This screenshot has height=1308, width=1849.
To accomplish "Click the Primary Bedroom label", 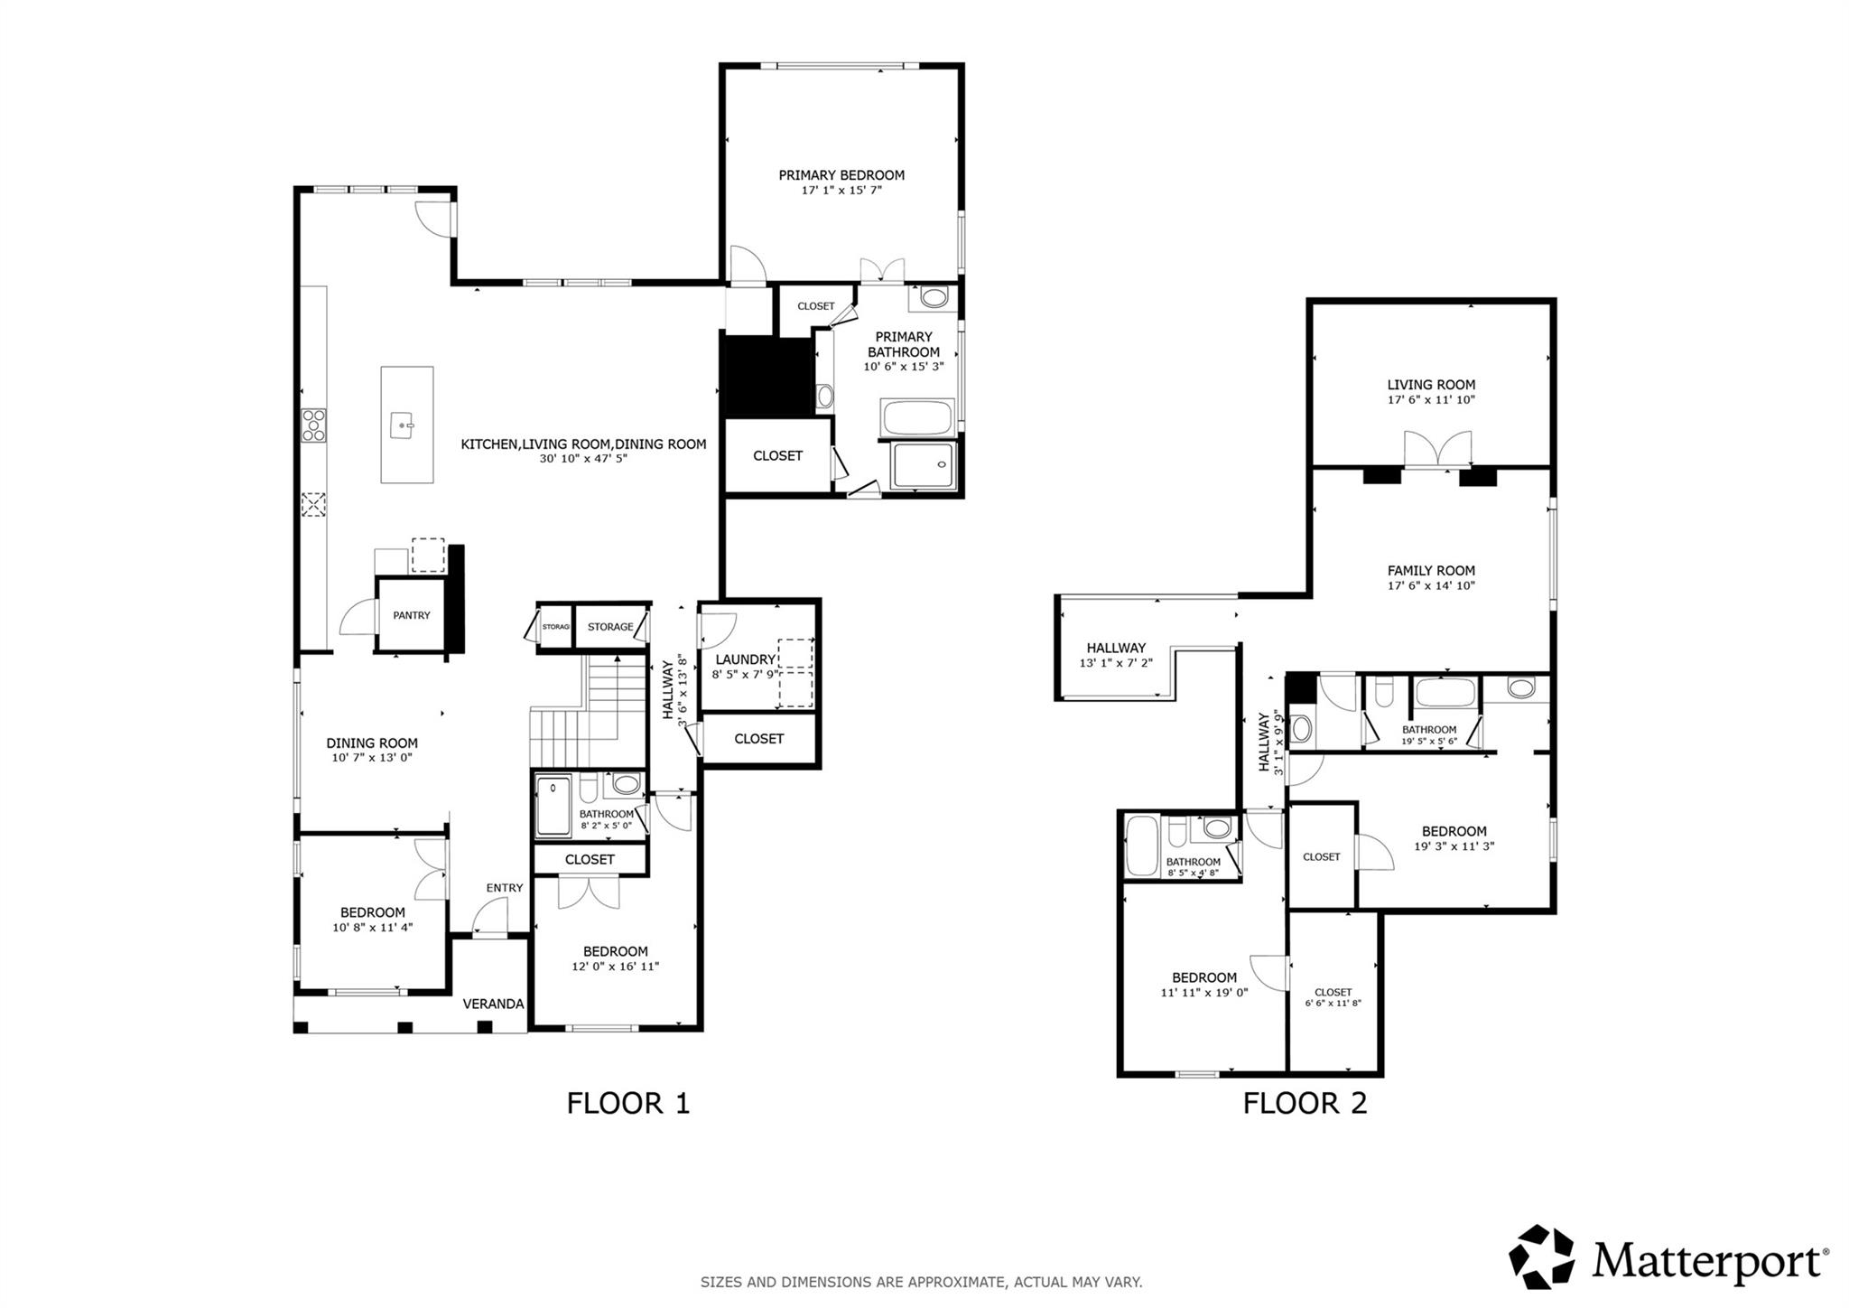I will [841, 175].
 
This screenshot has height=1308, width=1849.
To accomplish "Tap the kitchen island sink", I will [403, 422].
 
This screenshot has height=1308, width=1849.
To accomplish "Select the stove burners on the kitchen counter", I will [313, 425].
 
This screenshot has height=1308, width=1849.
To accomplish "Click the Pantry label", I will [411, 615].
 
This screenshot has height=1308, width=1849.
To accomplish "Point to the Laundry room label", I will [745, 659].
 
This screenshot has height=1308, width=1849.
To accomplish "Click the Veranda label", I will [493, 1004].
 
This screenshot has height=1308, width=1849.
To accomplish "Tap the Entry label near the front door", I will [504, 888].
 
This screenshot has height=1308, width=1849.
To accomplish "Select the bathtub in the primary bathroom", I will [916, 418].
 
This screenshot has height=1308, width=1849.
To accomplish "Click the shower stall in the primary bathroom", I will [922, 465].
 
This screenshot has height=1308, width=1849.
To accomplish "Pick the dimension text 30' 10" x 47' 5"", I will [583, 458].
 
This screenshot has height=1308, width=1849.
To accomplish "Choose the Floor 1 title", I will [627, 1103].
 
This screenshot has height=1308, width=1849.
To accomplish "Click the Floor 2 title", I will [1305, 1103].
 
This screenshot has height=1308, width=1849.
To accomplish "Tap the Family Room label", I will [1431, 571].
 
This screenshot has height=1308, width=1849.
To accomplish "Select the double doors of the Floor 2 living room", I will [1437, 449].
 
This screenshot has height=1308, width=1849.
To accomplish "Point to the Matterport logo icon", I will [1541, 1257].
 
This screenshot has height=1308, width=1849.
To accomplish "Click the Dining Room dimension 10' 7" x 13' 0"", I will [371, 758].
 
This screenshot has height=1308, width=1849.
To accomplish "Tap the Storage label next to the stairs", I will [610, 627].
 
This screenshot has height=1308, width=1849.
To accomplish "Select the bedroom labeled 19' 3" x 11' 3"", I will [1454, 838].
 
